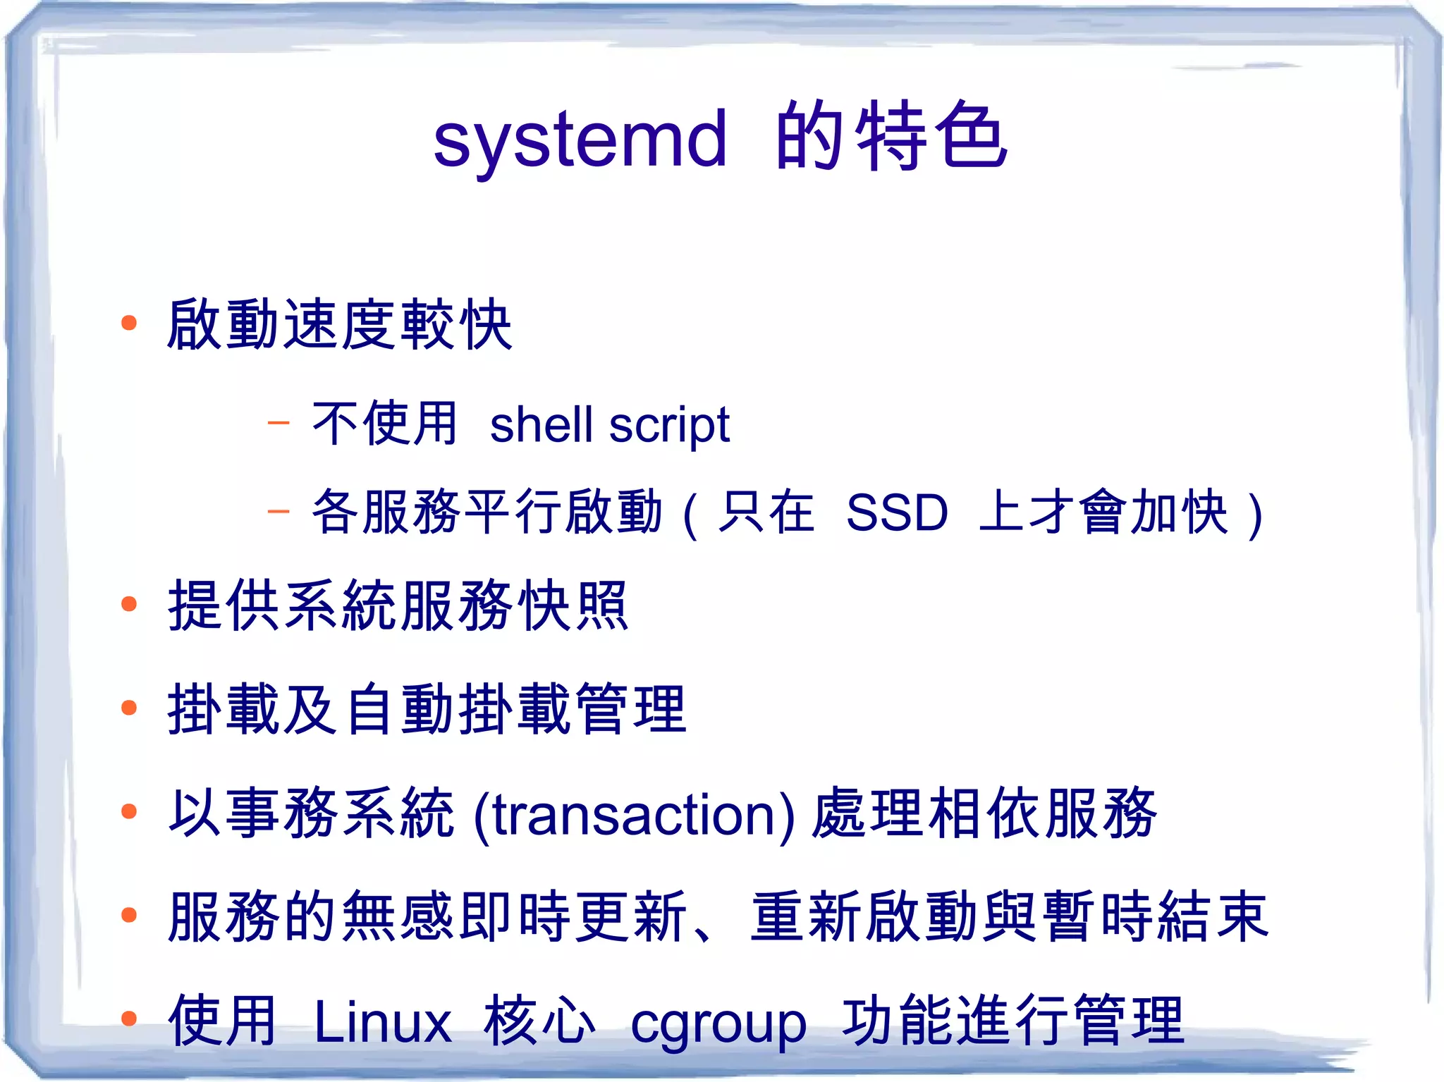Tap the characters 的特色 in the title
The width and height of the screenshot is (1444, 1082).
point(891,135)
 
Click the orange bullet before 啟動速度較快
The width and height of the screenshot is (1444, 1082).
point(128,324)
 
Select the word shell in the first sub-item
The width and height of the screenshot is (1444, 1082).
point(541,425)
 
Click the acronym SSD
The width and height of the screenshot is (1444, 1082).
point(897,512)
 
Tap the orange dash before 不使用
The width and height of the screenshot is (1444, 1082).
point(279,423)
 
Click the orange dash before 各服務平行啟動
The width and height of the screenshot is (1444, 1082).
point(279,510)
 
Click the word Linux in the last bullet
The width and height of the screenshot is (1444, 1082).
point(382,1022)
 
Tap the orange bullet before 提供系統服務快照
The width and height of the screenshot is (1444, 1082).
point(128,604)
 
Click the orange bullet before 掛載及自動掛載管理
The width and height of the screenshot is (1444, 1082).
point(128,708)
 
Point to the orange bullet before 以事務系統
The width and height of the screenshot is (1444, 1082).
point(128,811)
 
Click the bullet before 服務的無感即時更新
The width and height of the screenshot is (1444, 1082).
point(128,915)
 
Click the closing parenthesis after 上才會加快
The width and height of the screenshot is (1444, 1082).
point(1254,515)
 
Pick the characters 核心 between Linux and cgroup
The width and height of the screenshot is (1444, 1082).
point(539,1021)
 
